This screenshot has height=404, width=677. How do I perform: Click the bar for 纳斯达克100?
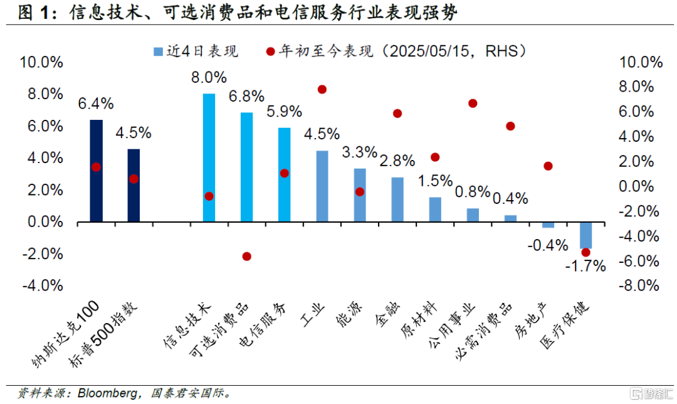(96, 171)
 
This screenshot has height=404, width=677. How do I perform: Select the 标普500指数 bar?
(134, 185)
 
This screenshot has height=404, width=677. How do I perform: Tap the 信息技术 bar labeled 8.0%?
(209, 157)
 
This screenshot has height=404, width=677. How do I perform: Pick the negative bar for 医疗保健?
(585, 235)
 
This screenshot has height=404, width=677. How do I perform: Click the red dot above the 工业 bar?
(322, 89)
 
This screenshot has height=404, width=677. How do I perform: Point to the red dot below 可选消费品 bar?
(246, 256)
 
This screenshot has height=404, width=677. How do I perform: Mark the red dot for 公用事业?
(473, 104)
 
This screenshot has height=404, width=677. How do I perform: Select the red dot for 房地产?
(548, 166)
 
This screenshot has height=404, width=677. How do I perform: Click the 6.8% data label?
(246, 97)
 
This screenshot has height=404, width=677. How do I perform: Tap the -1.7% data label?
(585, 266)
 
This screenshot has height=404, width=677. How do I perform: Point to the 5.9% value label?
(284, 112)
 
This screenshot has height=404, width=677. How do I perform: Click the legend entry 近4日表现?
(194, 51)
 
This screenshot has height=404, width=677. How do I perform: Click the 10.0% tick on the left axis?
(41, 61)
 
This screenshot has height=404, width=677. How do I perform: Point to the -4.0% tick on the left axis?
(41, 285)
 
